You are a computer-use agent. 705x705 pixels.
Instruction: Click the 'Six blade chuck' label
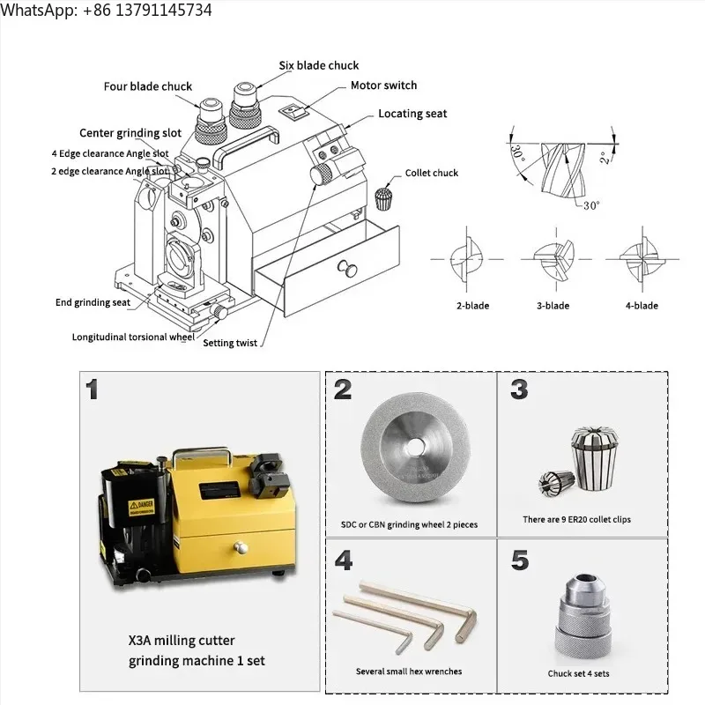pos(318,65)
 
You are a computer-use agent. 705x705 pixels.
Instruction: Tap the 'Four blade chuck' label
pos(147,86)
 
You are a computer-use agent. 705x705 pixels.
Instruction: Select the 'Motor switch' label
pos(383,85)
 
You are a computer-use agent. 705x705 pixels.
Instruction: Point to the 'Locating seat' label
pos(412,114)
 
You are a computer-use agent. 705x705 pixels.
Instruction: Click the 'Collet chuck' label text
pos(432,173)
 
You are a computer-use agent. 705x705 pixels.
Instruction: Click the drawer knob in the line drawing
pos(340,268)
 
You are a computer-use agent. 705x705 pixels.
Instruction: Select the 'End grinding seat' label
pos(93,302)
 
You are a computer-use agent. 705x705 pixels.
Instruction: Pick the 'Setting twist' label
pos(230,343)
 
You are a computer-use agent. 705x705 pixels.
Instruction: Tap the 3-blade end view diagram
pos(553,258)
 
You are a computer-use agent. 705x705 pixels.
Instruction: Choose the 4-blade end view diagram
pos(639,258)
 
